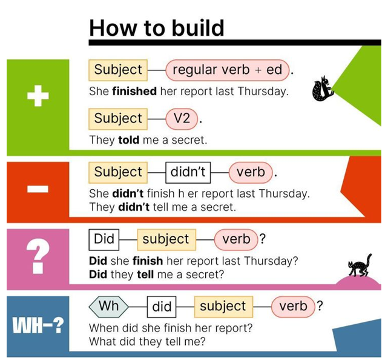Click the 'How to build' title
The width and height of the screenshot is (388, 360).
click(x=156, y=28)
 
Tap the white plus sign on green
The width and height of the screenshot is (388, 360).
click(x=38, y=96)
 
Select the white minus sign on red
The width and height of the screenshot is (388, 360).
click(x=38, y=189)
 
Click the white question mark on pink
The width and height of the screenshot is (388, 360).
click(x=38, y=256)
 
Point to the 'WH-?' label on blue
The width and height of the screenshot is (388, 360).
click(x=38, y=325)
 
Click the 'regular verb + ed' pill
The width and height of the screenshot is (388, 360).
click(x=228, y=70)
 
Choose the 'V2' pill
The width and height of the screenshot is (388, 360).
click(x=182, y=119)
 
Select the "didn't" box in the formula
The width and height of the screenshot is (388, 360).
click(x=188, y=173)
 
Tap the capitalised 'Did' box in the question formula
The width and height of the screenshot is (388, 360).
click(x=104, y=239)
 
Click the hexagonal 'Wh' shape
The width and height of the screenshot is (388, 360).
click(x=108, y=307)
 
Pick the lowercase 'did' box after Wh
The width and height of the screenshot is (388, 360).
click(x=162, y=307)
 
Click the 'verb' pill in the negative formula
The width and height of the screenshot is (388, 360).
click(x=251, y=173)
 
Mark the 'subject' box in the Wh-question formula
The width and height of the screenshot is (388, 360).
click(x=223, y=307)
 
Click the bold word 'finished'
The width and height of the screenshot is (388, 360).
click(x=134, y=91)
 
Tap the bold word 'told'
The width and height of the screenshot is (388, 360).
click(x=129, y=140)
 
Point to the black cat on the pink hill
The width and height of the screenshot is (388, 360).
click(x=360, y=265)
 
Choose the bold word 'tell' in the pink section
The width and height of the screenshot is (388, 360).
click(x=145, y=275)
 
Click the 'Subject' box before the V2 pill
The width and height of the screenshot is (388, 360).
click(x=118, y=119)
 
